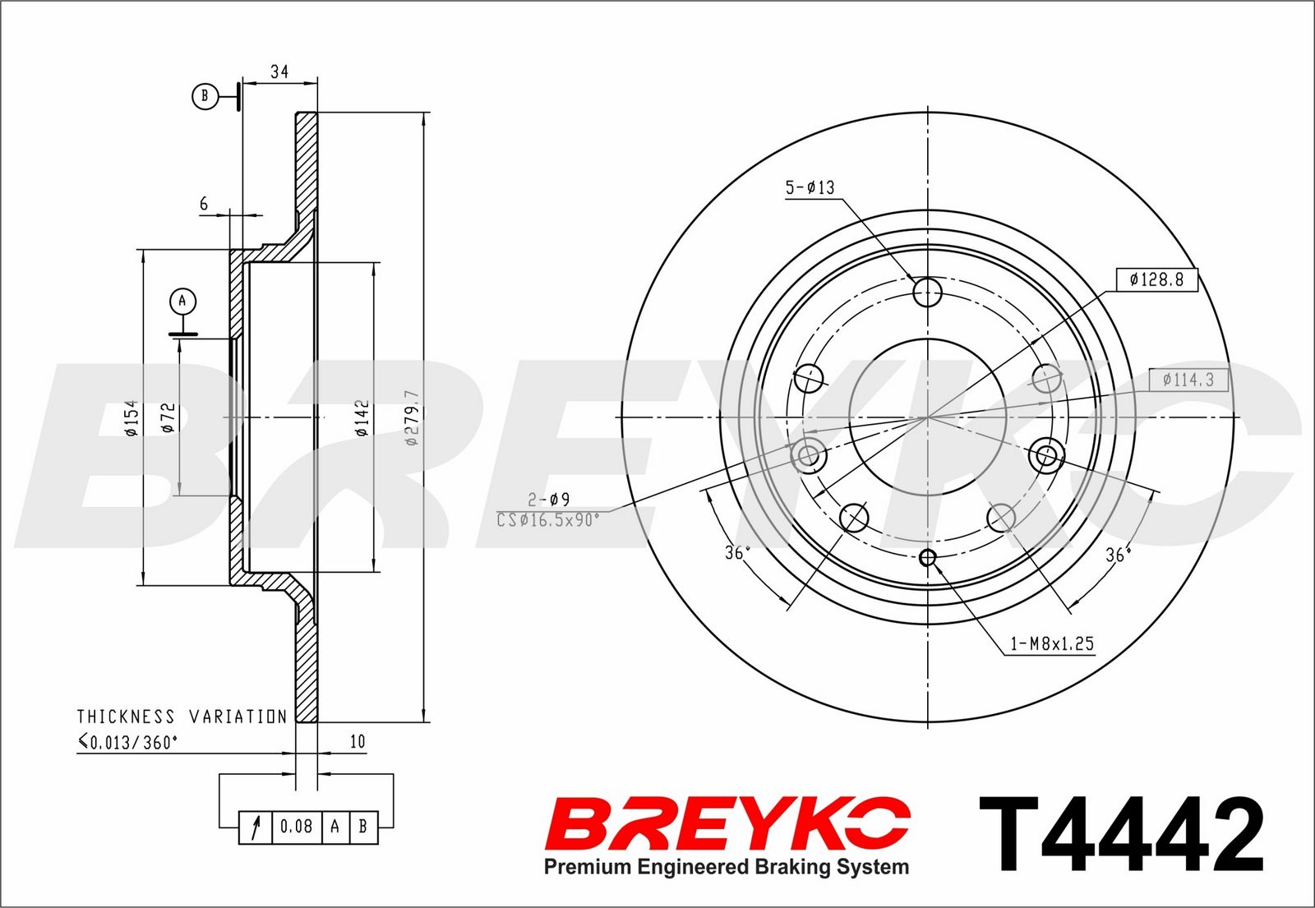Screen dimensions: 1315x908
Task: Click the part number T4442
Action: click(1121, 834)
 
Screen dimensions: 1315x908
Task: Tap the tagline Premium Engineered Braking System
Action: click(727, 866)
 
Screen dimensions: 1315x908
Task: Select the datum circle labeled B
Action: click(205, 95)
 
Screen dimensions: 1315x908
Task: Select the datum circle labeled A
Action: click(182, 301)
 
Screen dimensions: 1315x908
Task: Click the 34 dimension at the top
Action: click(279, 71)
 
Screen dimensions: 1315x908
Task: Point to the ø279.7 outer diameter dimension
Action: click(412, 417)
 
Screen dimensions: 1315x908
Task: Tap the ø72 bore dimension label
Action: click(168, 417)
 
